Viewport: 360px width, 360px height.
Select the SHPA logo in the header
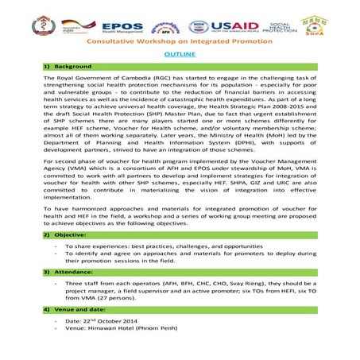334,25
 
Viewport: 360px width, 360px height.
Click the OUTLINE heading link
179,53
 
